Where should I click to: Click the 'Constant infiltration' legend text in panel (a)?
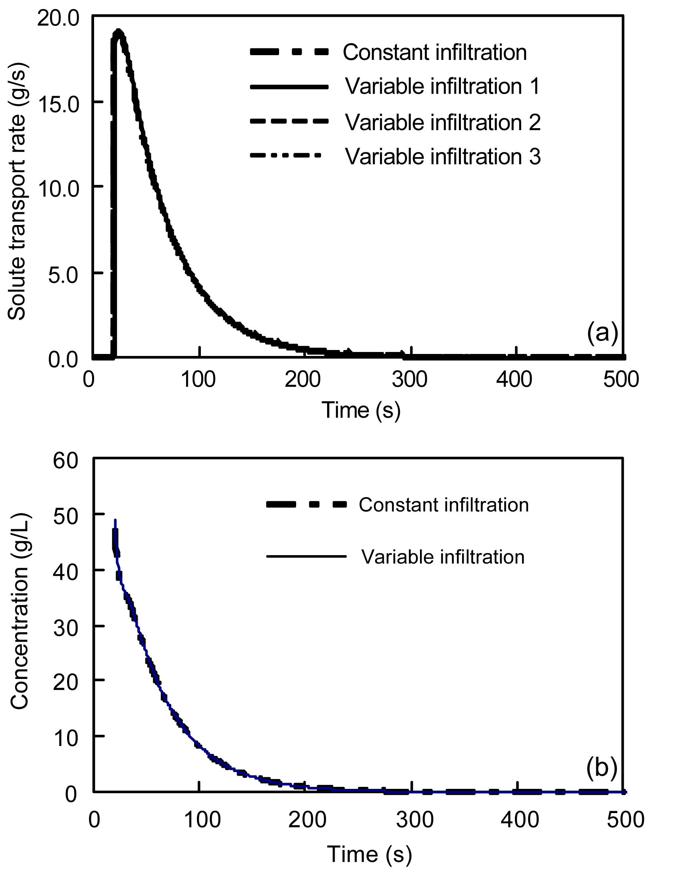(435, 52)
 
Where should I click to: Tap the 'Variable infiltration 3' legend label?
(443, 156)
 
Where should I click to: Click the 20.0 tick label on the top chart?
(58, 19)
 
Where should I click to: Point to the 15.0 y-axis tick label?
(58, 102)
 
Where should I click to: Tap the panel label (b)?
(601, 769)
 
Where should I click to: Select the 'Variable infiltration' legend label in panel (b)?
(443, 557)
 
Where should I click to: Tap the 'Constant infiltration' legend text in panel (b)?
(444, 505)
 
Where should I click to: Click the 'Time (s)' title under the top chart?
(361, 410)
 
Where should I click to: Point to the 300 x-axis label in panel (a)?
(409, 378)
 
